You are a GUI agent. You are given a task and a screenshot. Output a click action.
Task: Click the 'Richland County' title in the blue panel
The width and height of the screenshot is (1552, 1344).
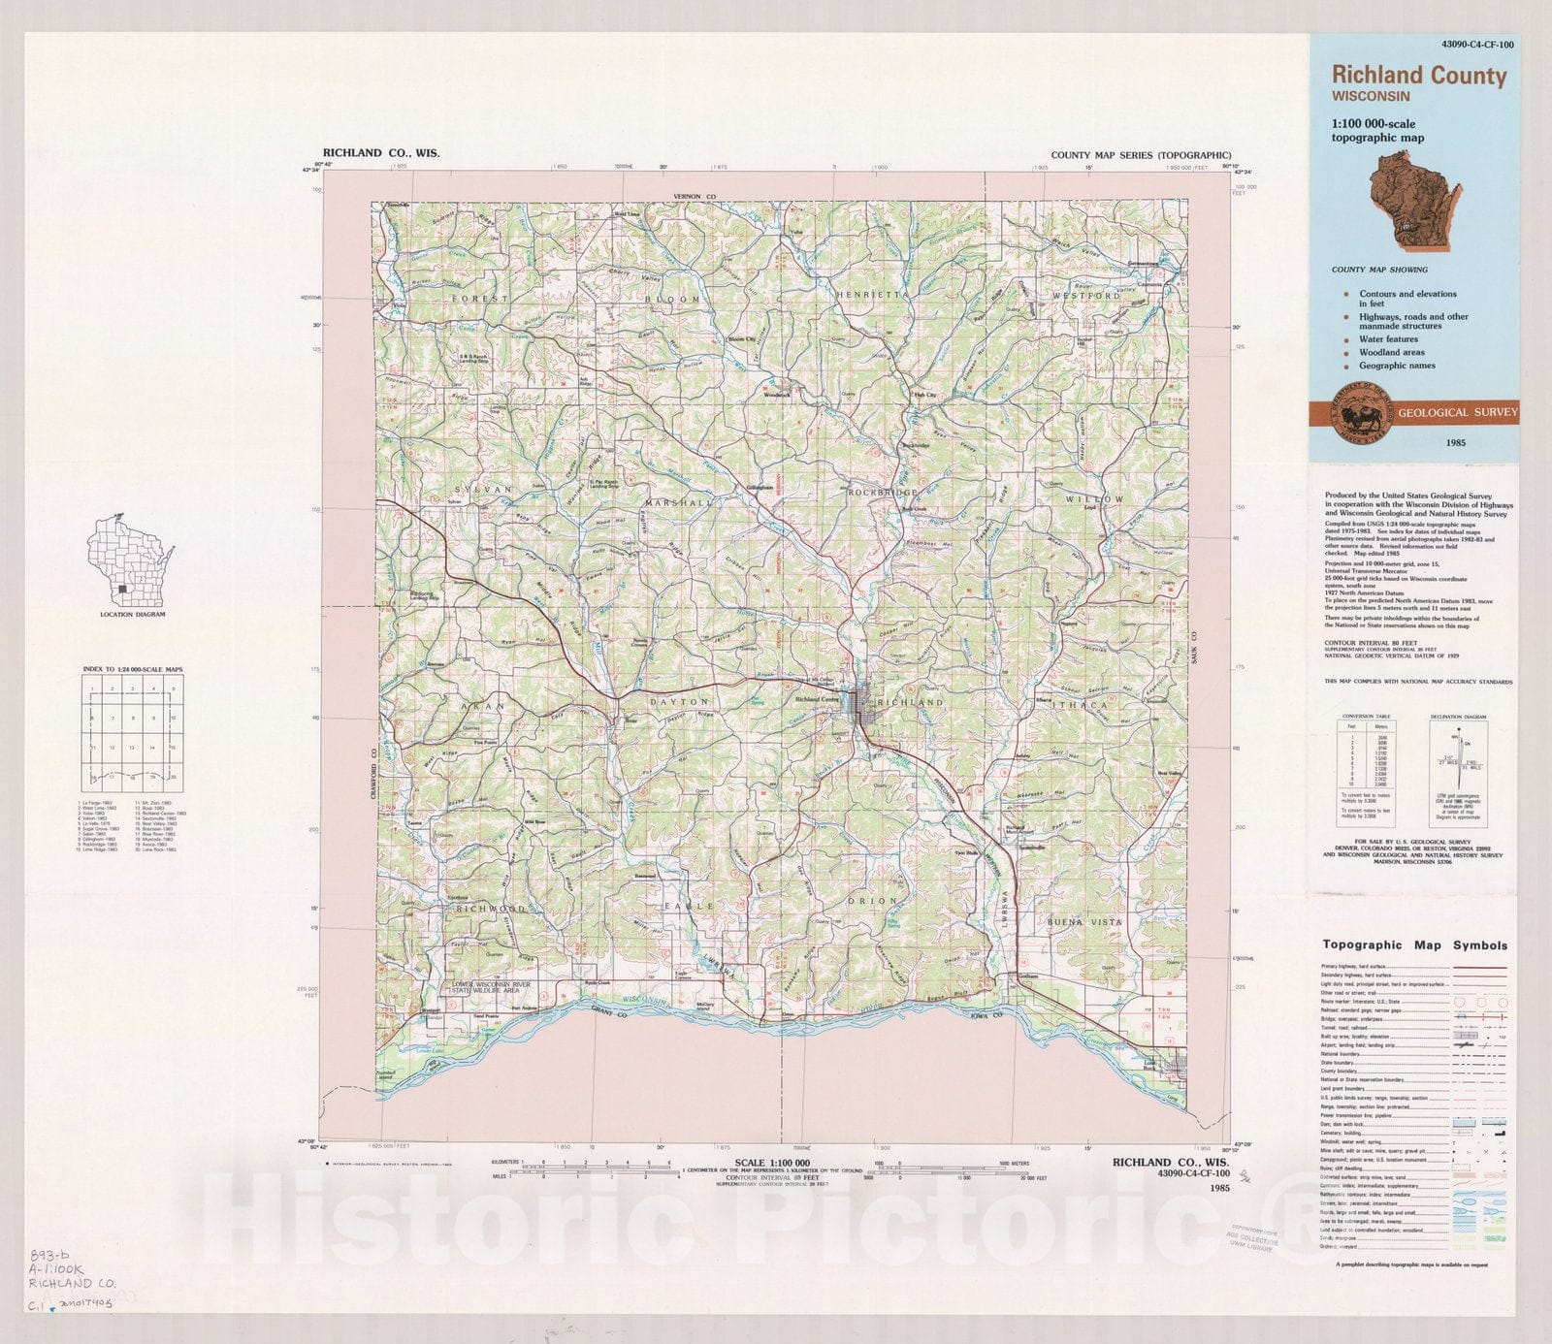click(1418, 76)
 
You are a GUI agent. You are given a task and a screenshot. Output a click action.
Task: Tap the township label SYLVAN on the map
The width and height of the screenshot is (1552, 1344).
click(479, 490)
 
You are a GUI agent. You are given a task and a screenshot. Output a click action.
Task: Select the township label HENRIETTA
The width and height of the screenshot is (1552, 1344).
click(873, 294)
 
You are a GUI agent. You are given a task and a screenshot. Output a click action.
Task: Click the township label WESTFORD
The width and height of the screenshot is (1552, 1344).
click(1085, 295)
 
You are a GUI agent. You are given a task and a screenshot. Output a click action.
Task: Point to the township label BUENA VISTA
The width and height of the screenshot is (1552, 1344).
click(1084, 921)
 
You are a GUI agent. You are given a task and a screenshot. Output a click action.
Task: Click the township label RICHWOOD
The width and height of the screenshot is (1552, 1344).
click(491, 910)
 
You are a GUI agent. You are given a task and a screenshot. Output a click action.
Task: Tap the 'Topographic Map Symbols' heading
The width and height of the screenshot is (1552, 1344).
click(1414, 944)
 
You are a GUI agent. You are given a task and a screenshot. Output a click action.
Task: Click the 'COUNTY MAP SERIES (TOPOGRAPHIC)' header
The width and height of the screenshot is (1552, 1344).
click(1141, 155)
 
